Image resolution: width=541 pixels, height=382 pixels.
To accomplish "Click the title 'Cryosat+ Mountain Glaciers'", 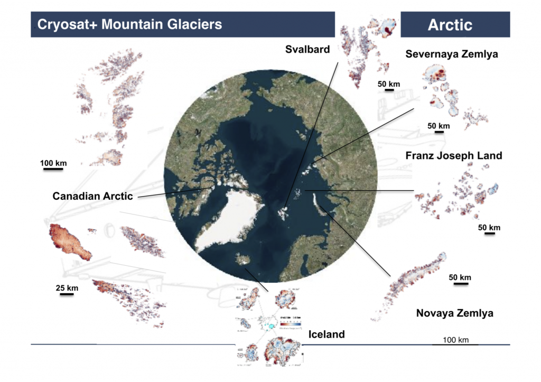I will tap(129, 24).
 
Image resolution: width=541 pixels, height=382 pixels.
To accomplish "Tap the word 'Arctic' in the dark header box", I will tap(450, 25).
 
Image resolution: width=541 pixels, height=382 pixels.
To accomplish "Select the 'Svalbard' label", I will tap(307, 50).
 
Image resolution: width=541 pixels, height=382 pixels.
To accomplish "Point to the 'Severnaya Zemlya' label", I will tap(451, 54).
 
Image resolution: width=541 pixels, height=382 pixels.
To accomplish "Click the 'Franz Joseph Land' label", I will tap(453, 156).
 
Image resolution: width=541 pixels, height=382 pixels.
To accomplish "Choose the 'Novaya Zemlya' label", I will tap(454, 313).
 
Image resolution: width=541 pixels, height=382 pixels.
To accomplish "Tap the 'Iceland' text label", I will tap(326, 334).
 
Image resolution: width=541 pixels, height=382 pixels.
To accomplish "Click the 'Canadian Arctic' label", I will tap(92, 196).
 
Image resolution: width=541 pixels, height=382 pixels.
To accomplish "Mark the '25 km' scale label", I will tap(67, 288).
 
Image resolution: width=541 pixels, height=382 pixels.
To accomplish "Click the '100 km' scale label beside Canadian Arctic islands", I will tap(53, 163).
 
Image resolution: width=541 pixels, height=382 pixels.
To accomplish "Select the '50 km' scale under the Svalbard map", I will tap(388, 84).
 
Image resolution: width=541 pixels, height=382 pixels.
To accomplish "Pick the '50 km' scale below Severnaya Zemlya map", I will tap(439, 126).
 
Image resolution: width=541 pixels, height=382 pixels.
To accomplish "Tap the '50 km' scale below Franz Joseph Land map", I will tap(489, 228).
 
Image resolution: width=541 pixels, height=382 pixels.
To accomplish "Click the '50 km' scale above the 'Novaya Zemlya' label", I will tap(460, 278).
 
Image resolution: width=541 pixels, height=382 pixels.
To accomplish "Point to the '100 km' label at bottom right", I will tap(455, 340).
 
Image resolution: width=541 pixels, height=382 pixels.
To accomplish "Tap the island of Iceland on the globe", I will tap(244, 259).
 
